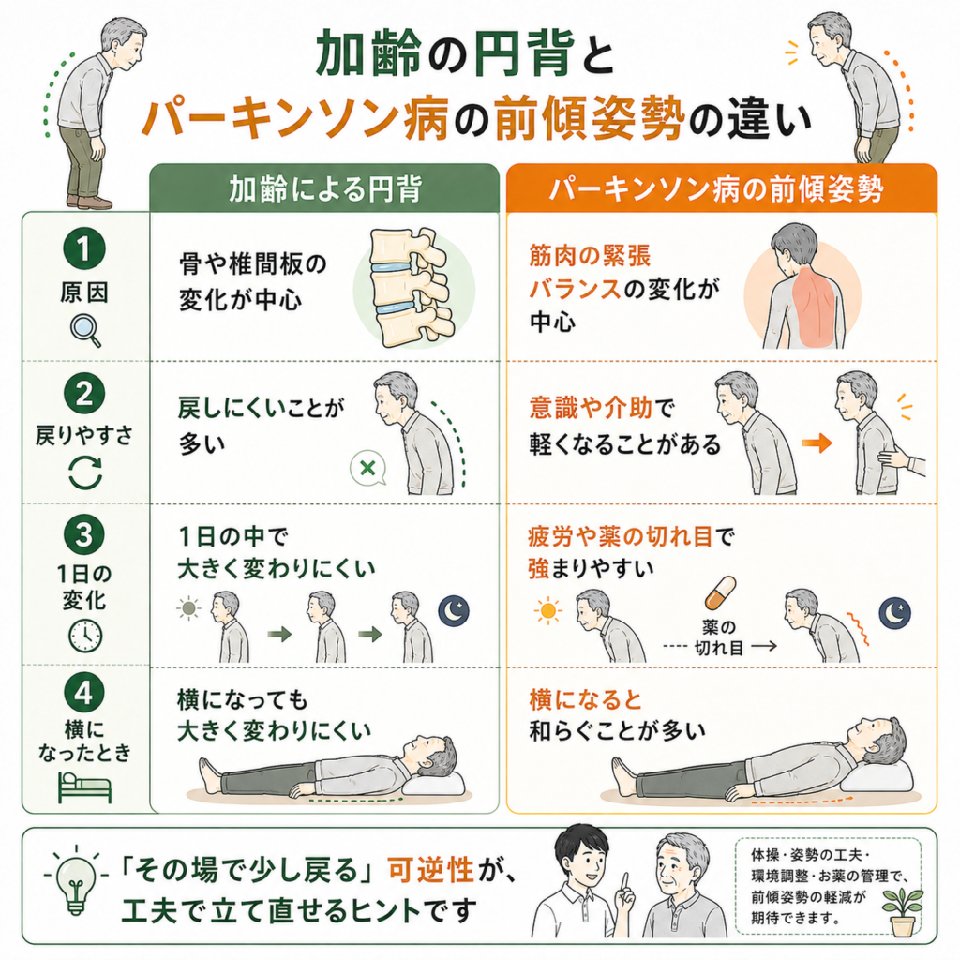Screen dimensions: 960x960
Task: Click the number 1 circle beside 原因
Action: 83,247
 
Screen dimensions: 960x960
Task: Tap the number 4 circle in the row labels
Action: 83,693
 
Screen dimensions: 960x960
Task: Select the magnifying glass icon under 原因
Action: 85,330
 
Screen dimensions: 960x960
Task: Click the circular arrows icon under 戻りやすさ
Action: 85,473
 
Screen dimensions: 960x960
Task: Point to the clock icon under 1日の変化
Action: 85,637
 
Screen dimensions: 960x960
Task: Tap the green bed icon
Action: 84,787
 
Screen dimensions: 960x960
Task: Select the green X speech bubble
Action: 367,469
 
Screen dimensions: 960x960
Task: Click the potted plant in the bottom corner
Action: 902,912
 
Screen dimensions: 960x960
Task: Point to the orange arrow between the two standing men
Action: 817,442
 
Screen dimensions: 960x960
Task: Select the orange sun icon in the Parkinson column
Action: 547,610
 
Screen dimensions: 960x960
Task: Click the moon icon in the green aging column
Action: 454,610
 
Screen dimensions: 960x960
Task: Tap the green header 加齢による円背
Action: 324,188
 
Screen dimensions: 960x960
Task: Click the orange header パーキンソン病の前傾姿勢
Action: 722,188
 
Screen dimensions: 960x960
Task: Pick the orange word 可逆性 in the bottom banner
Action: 431,869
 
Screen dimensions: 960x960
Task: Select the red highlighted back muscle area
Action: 816,308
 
